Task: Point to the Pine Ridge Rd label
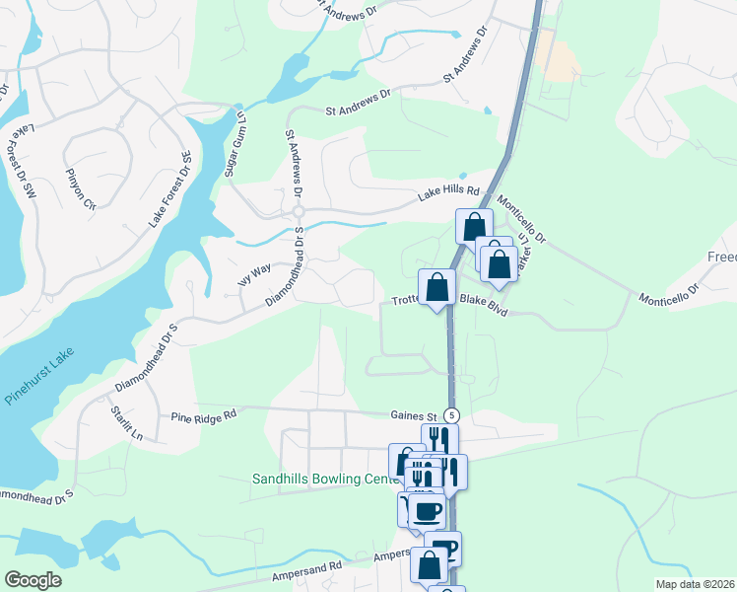coord(205,416)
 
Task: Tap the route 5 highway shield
coord(451,414)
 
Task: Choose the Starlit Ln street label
coord(128,422)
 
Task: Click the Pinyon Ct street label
coord(81,190)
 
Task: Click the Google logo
coord(33,580)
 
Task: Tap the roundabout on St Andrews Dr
coord(297,213)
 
